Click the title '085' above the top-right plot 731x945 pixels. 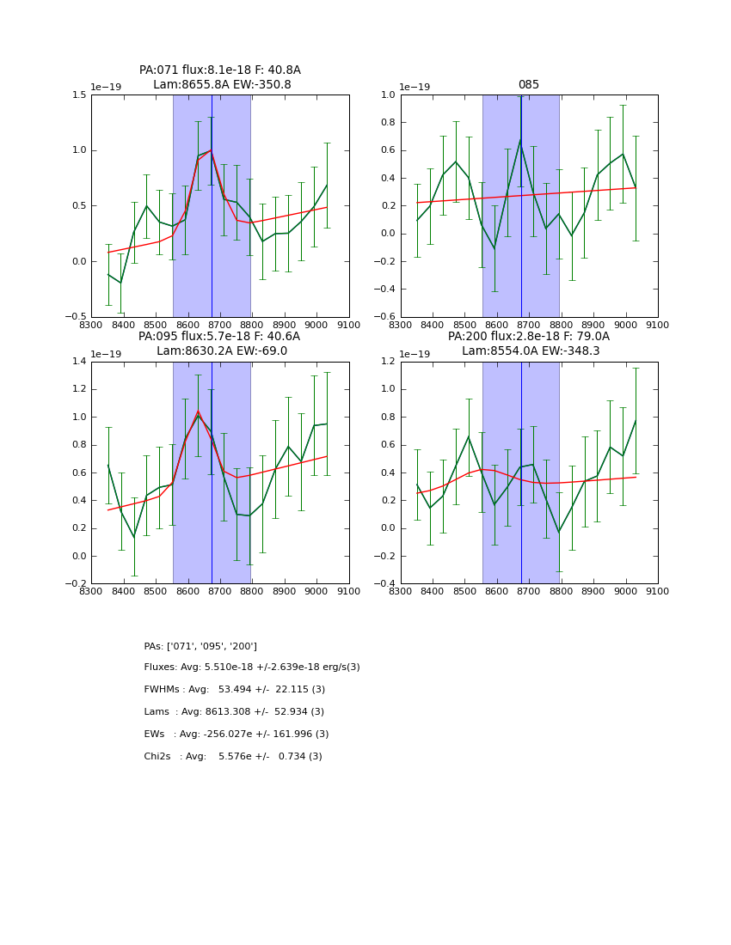tap(529, 85)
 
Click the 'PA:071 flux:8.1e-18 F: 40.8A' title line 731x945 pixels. tap(220, 70)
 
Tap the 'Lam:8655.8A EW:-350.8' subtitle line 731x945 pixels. tap(222, 85)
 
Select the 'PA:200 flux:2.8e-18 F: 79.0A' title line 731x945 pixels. tap(529, 337)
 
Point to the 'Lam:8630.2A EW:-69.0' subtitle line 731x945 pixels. tap(222, 351)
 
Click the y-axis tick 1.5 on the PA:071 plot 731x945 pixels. tap(79, 94)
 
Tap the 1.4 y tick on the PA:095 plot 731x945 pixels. tap(79, 362)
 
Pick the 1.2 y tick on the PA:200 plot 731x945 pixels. tap(389, 362)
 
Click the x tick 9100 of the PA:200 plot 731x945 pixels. tap(658, 591)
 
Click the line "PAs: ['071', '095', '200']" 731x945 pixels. tap(200, 646)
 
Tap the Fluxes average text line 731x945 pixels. tap(252, 668)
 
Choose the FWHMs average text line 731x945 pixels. tap(235, 690)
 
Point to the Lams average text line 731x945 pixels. tap(234, 712)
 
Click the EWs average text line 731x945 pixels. tap(236, 735)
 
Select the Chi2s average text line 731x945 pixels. tap(233, 757)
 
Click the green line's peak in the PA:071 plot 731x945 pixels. tap(211, 150)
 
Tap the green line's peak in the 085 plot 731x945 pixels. tap(520, 139)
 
